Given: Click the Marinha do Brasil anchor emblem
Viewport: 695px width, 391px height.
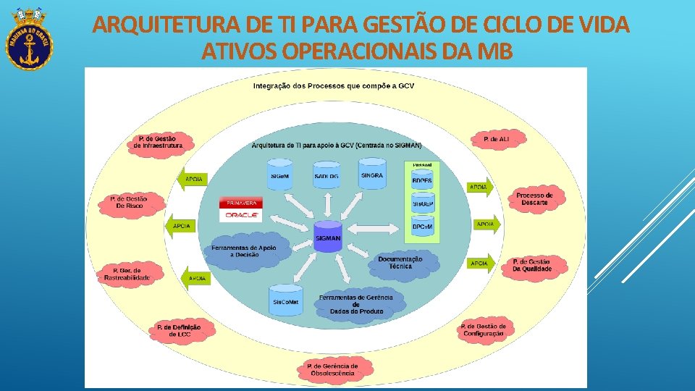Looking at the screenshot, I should pyautogui.click(x=30, y=40).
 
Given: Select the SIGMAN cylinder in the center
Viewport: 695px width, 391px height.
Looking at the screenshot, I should pyautogui.click(x=328, y=236).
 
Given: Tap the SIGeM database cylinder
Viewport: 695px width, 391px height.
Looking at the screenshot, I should pyautogui.click(x=280, y=174).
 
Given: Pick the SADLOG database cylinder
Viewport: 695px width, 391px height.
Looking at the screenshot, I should pyautogui.click(x=327, y=174).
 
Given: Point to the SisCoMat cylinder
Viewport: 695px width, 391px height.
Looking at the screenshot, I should pyautogui.click(x=285, y=300).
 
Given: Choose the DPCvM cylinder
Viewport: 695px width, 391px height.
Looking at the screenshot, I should pyautogui.click(x=423, y=226).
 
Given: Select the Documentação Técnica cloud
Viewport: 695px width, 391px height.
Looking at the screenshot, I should pyautogui.click(x=400, y=263).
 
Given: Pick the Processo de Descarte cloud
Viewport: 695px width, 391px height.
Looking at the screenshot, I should pyautogui.click(x=534, y=198).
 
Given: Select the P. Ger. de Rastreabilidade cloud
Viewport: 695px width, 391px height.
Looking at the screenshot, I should pyautogui.click(x=127, y=274).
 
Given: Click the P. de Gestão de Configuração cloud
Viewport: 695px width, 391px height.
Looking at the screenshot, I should pyautogui.click(x=483, y=330).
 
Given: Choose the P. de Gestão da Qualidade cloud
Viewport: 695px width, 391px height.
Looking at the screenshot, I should pyautogui.click(x=531, y=265).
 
